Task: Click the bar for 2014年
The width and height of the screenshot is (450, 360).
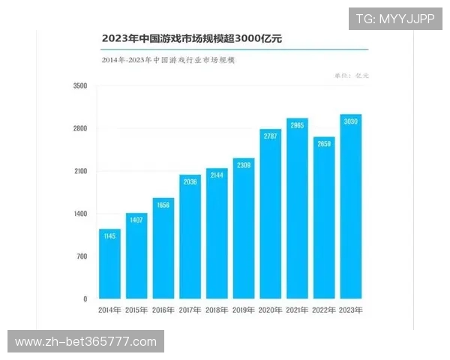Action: pos(109,263)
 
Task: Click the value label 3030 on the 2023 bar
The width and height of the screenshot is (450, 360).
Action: pos(350,121)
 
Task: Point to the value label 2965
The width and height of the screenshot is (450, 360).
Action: pos(297,125)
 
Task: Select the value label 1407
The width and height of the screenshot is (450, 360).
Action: pos(136,220)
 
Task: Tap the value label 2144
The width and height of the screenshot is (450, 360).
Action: pos(217,175)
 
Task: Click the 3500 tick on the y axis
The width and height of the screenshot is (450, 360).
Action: pos(80,86)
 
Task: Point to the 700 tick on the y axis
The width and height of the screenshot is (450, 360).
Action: pos(81,256)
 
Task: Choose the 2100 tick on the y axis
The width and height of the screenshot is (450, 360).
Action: pos(80,171)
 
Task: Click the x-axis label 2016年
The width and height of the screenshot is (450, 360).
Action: pos(163,310)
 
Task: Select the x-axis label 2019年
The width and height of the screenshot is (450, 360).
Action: pos(244,310)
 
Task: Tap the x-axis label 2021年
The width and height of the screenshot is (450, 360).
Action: pos(297,310)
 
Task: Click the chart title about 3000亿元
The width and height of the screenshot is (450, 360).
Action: pos(191,37)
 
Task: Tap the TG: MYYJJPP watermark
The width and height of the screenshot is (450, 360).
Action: pos(394,19)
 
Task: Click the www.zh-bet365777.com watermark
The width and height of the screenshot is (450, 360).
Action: pos(86,342)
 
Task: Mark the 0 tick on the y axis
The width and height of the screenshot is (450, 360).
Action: pos(85,299)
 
